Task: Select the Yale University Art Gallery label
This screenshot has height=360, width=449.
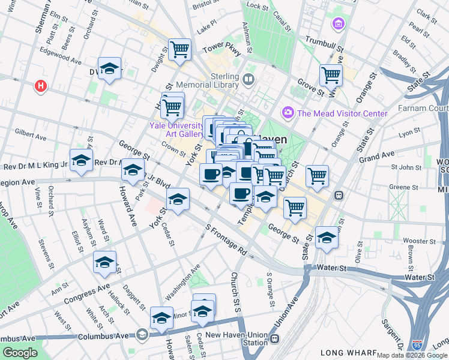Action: pyautogui.click(x=177, y=130)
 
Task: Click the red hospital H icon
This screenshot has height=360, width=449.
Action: pyautogui.click(x=41, y=86)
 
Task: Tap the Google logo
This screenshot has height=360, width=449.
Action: pyautogui.click(x=19, y=352)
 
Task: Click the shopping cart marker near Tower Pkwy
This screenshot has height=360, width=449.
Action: pyautogui.click(x=179, y=50)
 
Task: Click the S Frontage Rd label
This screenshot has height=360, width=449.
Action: pyautogui.click(x=226, y=238)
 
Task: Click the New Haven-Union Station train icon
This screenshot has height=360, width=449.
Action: pyautogui.click(x=274, y=338)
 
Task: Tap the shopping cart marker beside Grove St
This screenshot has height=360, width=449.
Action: pyautogui.click(x=330, y=75)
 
